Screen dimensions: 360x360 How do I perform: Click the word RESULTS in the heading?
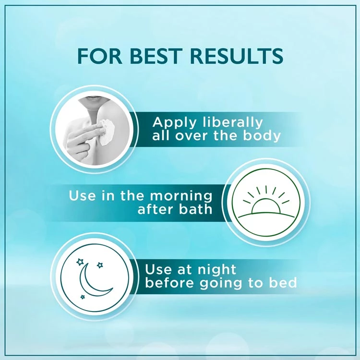click(x=237, y=56)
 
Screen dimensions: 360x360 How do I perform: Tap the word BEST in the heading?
click(x=155, y=56)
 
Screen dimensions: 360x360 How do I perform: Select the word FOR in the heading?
click(x=100, y=56)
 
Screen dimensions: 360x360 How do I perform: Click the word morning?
click(x=181, y=196)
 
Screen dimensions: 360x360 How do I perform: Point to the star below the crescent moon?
click(x=83, y=297)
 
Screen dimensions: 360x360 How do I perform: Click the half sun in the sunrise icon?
click(x=265, y=206)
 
